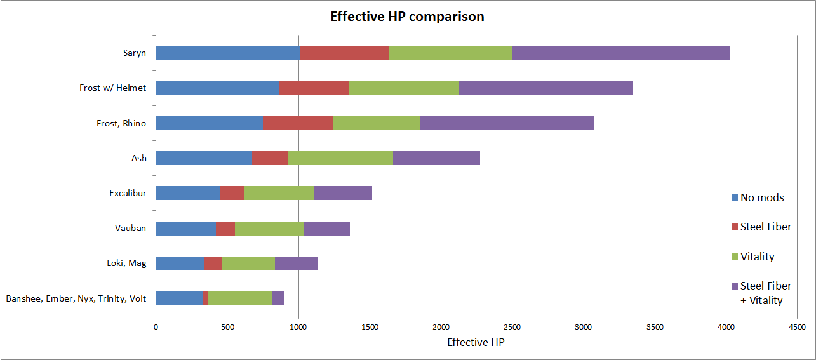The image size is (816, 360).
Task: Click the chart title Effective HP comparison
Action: [x=407, y=17]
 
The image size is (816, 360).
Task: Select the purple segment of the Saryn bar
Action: [x=620, y=53]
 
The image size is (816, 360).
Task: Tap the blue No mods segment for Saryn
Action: [x=228, y=53]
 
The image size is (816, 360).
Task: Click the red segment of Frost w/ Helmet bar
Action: [x=314, y=88]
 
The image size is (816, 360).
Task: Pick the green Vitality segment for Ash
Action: [x=340, y=158]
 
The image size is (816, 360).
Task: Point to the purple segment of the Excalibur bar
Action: [x=343, y=193]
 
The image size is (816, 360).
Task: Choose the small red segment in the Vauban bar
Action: [x=225, y=228]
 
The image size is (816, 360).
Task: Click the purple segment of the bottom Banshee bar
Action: [x=278, y=298]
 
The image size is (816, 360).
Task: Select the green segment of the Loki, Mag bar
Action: [x=248, y=263]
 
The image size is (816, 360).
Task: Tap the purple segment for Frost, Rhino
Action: [x=506, y=123]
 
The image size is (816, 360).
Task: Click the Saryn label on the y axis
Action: [x=134, y=53]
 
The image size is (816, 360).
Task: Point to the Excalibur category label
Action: [x=128, y=193]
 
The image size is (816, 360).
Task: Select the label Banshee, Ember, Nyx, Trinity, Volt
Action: [x=76, y=298]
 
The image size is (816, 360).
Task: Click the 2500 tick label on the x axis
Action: [x=512, y=327]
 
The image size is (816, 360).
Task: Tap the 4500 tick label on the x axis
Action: [x=797, y=327]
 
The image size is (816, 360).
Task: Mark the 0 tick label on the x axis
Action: [x=156, y=327]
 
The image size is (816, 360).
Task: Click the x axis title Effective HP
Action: [x=476, y=343]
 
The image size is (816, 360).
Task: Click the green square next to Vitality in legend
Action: [x=735, y=257]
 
